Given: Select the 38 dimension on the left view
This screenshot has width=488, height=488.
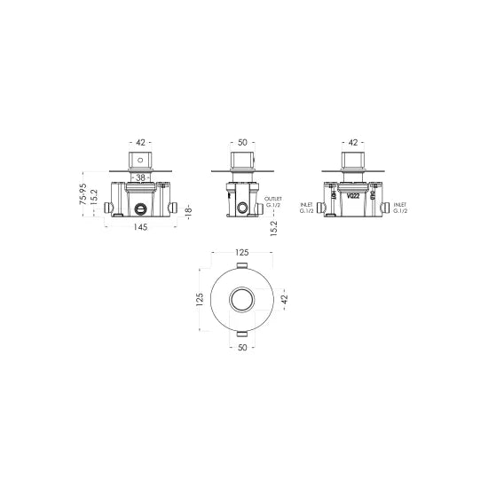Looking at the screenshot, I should tap(139, 178).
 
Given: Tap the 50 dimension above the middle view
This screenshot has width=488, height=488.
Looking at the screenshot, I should tap(242, 141).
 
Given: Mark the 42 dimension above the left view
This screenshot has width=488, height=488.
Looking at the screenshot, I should tap(140, 141).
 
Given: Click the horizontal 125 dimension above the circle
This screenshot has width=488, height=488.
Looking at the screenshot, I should tap(242, 254).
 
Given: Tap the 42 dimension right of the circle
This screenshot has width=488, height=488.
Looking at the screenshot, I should tap(284, 300).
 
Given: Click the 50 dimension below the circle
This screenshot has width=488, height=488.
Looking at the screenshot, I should tap(242, 349).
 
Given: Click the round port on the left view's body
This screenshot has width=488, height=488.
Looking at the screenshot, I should tap(139, 209).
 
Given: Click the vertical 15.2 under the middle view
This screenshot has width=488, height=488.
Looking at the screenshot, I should tap(274, 228).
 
